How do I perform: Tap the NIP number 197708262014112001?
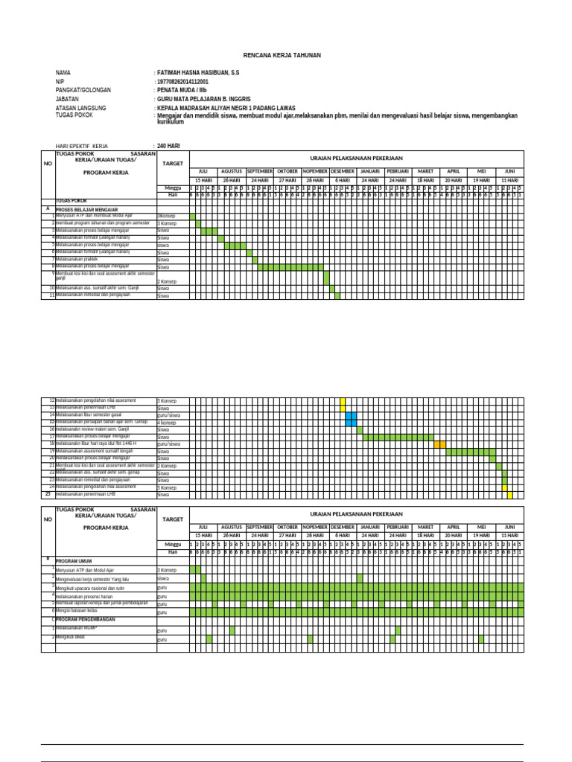tap(188, 82)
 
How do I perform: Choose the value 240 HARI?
tap(169, 146)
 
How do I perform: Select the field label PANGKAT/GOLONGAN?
tap(83, 90)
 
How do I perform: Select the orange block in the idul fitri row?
tap(440, 444)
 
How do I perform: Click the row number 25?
tap(48, 494)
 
